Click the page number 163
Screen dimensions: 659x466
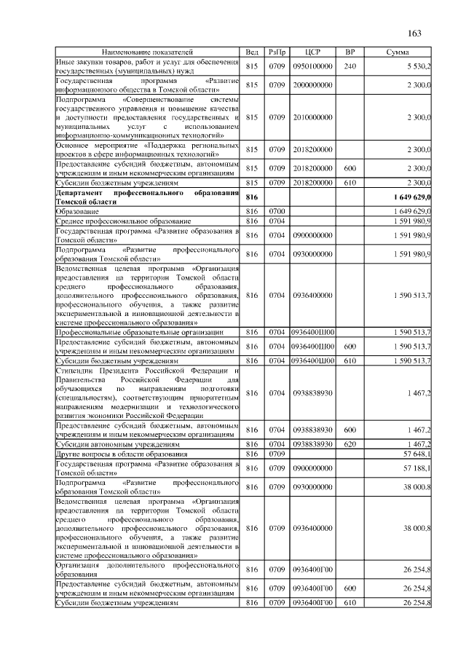pos(415,33)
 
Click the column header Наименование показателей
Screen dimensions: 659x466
pos(148,53)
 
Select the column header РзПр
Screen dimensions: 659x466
pos(277,53)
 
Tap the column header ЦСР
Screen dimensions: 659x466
pos(313,53)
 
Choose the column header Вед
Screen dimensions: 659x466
pos(252,53)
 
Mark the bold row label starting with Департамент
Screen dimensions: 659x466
pos(148,197)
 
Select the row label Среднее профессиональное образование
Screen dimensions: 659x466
pos(124,221)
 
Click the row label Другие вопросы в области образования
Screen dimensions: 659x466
pos(122,454)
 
